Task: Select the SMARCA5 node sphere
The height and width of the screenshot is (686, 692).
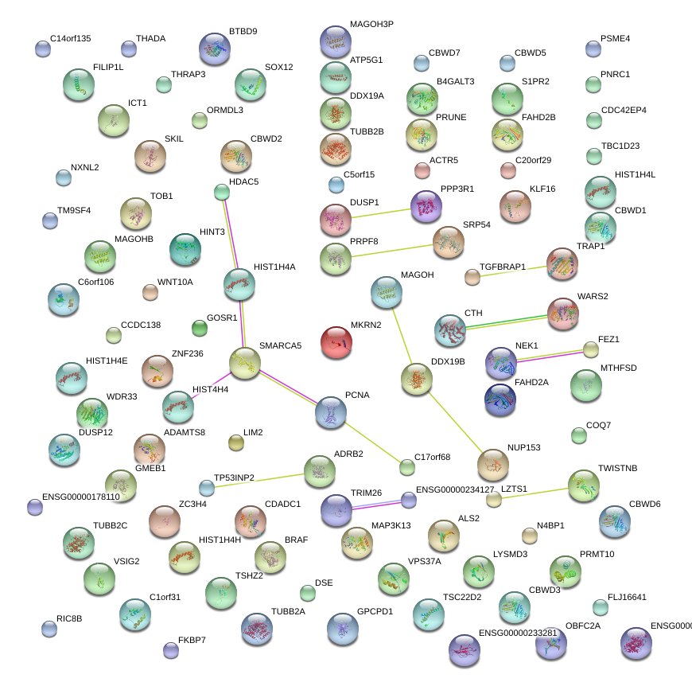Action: coord(245,363)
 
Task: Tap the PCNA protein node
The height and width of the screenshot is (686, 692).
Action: coord(331,412)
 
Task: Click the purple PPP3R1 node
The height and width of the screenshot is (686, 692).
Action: coord(426,207)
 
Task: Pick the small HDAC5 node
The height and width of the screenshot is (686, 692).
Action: coord(222,192)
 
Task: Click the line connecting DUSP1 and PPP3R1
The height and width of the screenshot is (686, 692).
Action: coord(380,212)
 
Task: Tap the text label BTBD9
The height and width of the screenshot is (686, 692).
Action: coord(243,32)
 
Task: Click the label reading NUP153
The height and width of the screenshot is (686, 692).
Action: coord(523,448)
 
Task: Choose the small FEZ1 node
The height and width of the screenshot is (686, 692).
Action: coord(590,349)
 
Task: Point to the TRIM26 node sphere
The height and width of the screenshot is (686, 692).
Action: coord(336,509)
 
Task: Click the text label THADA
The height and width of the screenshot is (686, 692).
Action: coord(151,38)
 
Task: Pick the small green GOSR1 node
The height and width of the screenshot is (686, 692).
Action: coord(200,328)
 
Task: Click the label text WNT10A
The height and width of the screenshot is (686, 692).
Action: coord(175,282)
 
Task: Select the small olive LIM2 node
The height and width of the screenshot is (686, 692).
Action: coord(235,442)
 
